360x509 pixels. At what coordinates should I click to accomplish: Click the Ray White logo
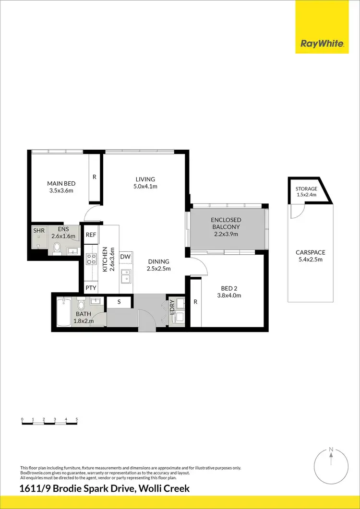point(322,44)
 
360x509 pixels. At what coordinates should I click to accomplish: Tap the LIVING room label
point(145,179)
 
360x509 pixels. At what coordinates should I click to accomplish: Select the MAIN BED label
point(61,183)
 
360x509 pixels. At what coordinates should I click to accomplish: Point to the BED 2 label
point(229,288)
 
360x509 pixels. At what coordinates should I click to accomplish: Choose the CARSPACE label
point(311,252)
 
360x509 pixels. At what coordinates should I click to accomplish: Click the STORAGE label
point(306,189)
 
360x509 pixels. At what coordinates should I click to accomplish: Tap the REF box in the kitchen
point(91,235)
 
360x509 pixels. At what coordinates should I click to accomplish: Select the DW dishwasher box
point(125,257)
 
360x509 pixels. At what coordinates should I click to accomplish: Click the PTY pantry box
point(91,288)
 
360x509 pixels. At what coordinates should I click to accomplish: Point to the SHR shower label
point(38,231)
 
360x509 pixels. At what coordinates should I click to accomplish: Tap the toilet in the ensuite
point(57,248)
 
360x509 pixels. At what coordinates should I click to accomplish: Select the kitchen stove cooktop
point(91,260)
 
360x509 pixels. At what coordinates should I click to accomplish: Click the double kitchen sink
point(126,276)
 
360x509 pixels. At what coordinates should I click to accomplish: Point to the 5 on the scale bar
point(77,419)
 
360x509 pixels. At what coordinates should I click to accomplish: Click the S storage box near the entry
point(119,302)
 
